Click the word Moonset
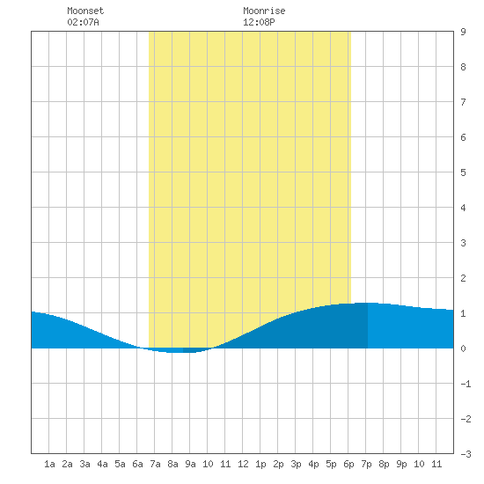click(85, 11)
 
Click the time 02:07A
click(83, 22)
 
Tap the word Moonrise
click(264, 11)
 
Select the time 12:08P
click(259, 22)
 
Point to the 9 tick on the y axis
click(463, 32)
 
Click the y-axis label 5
click(463, 172)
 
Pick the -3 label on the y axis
click(466, 454)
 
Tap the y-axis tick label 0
click(463, 348)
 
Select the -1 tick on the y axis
click(466, 384)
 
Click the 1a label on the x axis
click(49, 464)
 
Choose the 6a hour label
click(137, 464)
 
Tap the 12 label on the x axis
click(243, 464)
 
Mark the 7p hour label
click(366, 464)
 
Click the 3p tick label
click(296, 464)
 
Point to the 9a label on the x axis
click(190, 464)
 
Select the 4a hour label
click(102, 464)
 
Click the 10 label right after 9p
click(419, 464)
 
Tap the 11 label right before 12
click(225, 464)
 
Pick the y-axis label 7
click(463, 102)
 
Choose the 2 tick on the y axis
click(463, 278)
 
